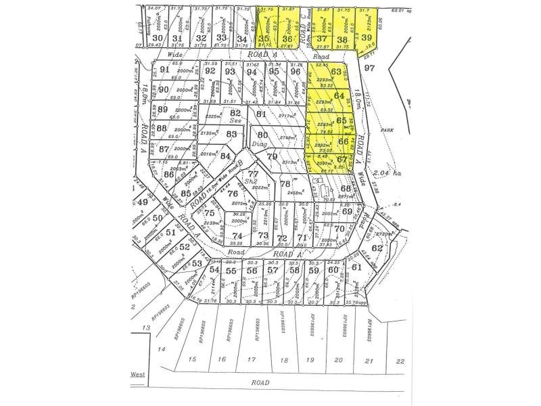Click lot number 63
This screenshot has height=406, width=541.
click(336, 72)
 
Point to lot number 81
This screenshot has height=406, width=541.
click(262, 114)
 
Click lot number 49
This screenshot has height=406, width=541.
click(142, 202)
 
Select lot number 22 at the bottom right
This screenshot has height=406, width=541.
click(400, 361)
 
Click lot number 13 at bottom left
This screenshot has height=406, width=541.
click(145, 328)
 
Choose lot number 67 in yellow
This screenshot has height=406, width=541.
click(342, 160)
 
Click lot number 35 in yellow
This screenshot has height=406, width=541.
click(264, 39)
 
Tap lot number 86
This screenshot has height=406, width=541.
click(168, 173)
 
